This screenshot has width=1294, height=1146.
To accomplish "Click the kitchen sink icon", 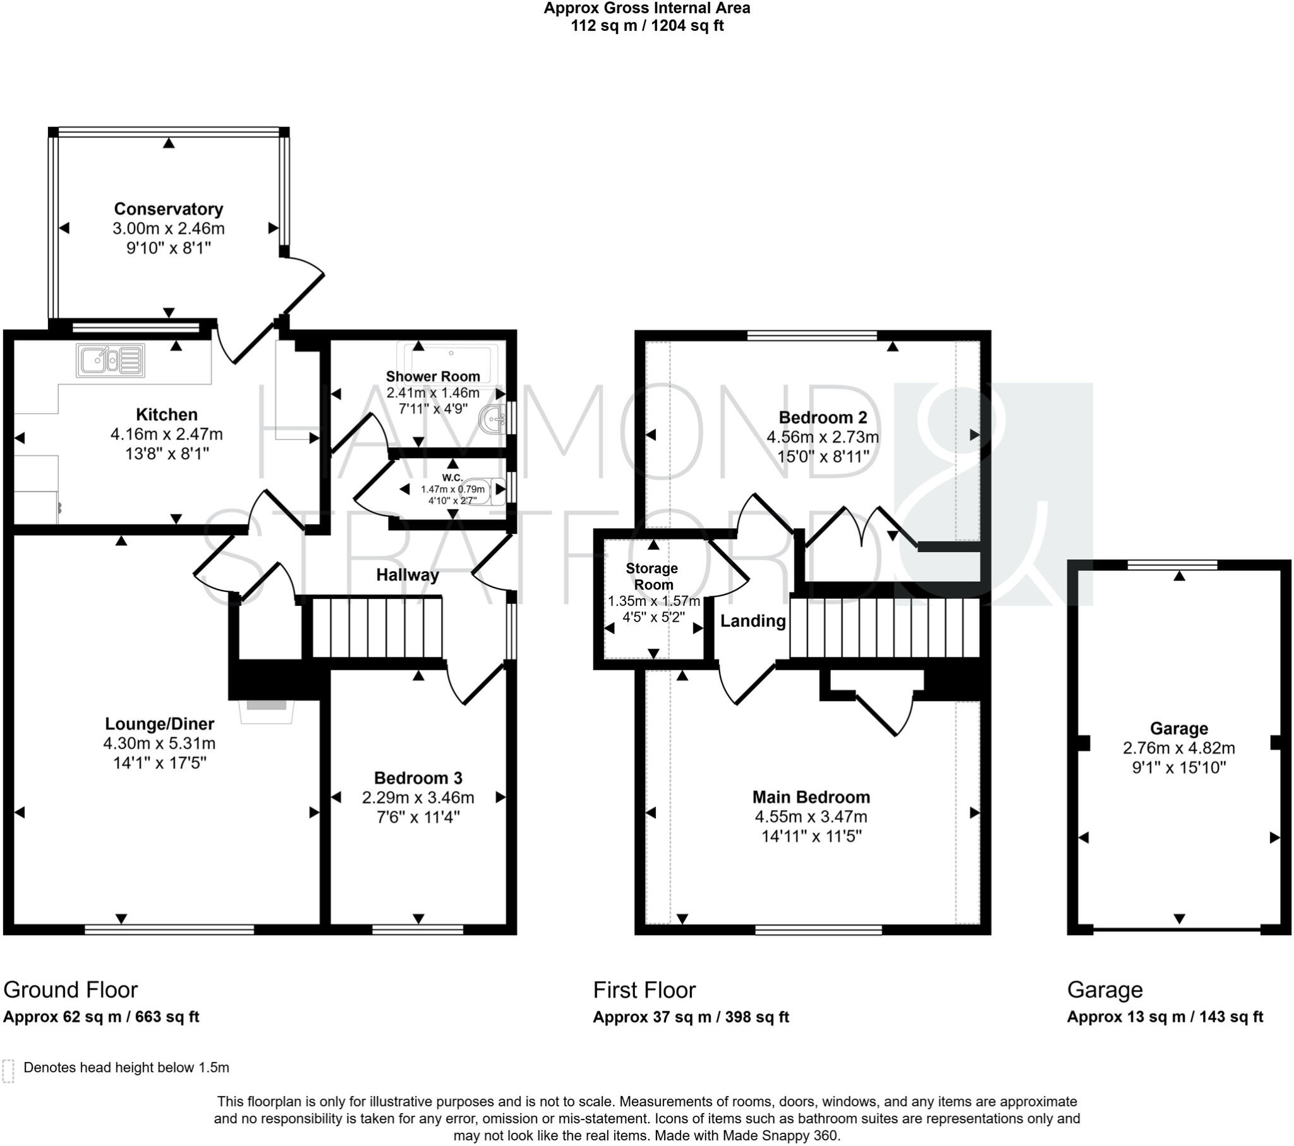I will [x=111, y=360].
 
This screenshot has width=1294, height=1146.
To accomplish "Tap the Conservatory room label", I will [x=169, y=209].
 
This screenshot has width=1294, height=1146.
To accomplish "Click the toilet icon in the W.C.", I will [x=490, y=492].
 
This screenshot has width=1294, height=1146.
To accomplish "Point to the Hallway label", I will [x=407, y=575].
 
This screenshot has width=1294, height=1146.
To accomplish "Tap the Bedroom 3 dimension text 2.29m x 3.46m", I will [x=418, y=798].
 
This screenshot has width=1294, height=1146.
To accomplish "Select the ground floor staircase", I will [x=377, y=627].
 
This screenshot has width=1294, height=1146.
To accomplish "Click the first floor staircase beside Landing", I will [x=885, y=627].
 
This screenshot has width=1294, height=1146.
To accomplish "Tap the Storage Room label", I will [x=652, y=576].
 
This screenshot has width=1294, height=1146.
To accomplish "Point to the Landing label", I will [x=753, y=621].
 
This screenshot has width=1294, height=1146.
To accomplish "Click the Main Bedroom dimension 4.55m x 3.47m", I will [x=811, y=817].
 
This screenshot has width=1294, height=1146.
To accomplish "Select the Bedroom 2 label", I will [x=823, y=417].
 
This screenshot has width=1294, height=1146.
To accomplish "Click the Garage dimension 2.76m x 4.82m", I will [x=1179, y=748].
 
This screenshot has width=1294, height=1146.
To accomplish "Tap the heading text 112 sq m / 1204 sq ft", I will [x=647, y=26].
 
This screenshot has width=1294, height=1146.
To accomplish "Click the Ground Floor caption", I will [x=70, y=989].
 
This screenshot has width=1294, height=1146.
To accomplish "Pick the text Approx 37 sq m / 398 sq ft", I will [x=691, y=1017].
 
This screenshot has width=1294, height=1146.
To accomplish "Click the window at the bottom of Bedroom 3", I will [x=418, y=929].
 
